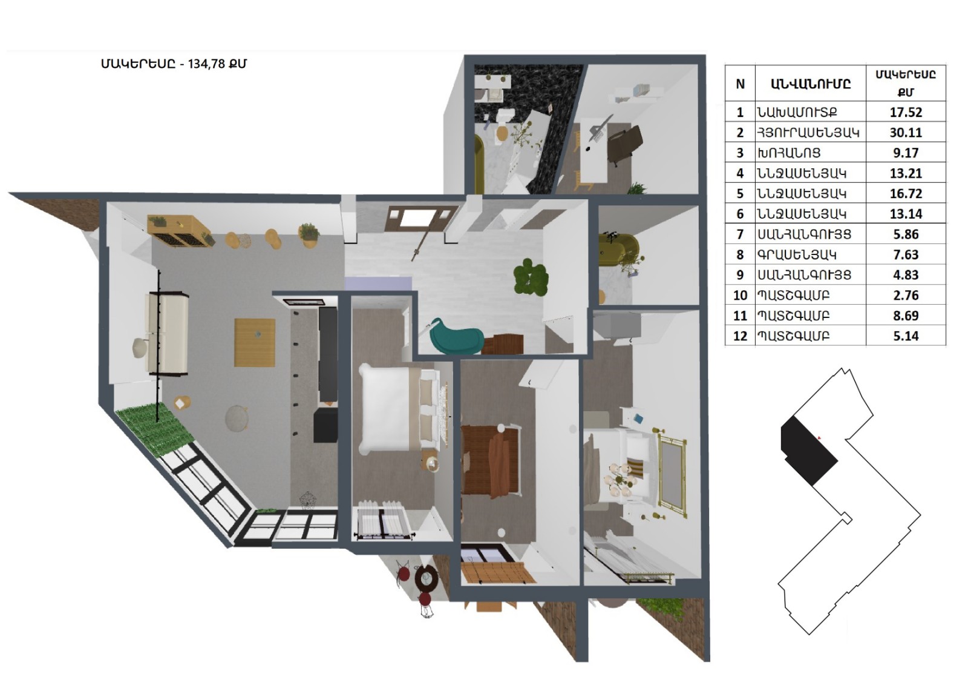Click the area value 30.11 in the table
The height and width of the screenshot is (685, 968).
click(x=906, y=133)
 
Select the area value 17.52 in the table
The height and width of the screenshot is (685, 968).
click(x=906, y=112)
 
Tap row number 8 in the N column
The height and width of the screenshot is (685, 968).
click(x=740, y=254)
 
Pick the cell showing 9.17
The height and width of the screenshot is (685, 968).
click(x=906, y=153)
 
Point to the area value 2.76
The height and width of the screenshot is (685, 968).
click(x=906, y=295)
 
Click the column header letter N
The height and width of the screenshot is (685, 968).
click(x=740, y=84)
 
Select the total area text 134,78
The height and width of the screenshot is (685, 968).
click(x=206, y=64)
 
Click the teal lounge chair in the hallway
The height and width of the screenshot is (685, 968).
click(x=456, y=335)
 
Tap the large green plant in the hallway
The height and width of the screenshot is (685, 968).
click(x=530, y=277)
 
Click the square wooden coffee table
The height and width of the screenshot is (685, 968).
click(x=255, y=342)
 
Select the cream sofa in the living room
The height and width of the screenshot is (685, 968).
click(x=169, y=333)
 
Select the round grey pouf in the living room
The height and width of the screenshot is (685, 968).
click(x=237, y=417)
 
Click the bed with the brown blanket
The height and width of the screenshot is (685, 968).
click(x=491, y=460)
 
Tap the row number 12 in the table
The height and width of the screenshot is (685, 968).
click(x=740, y=336)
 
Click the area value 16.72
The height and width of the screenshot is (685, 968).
click(x=906, y=193)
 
